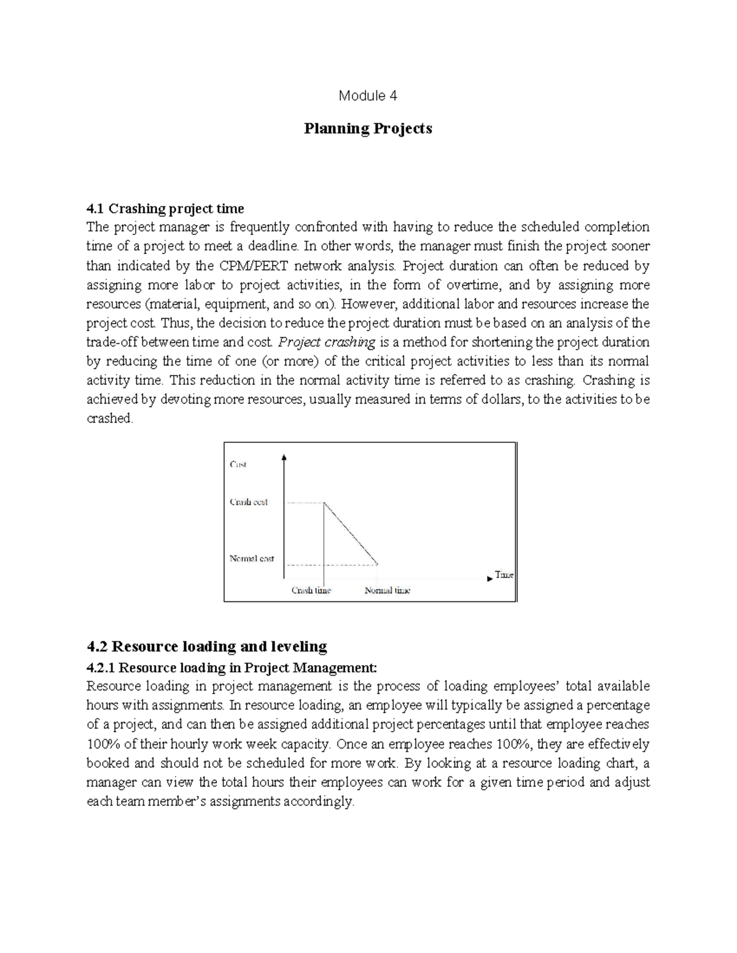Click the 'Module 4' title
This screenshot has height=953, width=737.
(x=368, y=96)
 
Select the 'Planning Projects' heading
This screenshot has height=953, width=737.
(x=368, y=129)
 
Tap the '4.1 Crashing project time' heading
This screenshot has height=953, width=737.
(x=165, y=209)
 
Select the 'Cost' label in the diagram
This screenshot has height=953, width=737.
(x=238, y=465)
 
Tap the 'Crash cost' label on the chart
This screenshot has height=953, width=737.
(x=248, y=502)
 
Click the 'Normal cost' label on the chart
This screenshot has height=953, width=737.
(x=251, y=559)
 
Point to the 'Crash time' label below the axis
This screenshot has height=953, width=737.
(x=311, y=590)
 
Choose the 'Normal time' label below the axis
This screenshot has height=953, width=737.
(x=387, y=590)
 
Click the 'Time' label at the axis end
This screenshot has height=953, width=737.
(x=504, y=575)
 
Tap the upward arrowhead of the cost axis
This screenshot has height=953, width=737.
(x=284, y=457)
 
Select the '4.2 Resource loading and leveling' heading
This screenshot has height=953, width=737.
(x=207, y=646)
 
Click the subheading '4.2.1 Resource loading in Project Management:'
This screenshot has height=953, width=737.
(x=230, y=668)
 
